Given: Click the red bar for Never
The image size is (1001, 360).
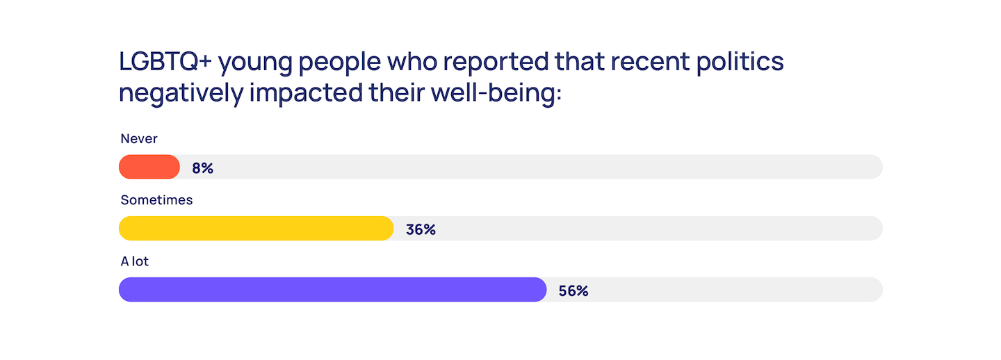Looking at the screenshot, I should click(149, 167).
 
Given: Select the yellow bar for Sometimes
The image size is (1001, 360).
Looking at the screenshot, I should click(256, 229).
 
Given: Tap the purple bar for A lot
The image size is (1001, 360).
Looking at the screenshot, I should click(332, 290).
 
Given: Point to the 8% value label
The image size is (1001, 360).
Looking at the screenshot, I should click(202, 168).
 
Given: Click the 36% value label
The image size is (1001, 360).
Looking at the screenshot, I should click(421, 229).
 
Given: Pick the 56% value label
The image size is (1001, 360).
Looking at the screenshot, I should click(573, 291).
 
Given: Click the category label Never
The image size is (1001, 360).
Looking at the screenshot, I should click(139, 139).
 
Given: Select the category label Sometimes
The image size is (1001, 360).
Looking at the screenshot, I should click(156, 200).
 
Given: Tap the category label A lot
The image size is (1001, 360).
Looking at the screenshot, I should click(135, 261).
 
